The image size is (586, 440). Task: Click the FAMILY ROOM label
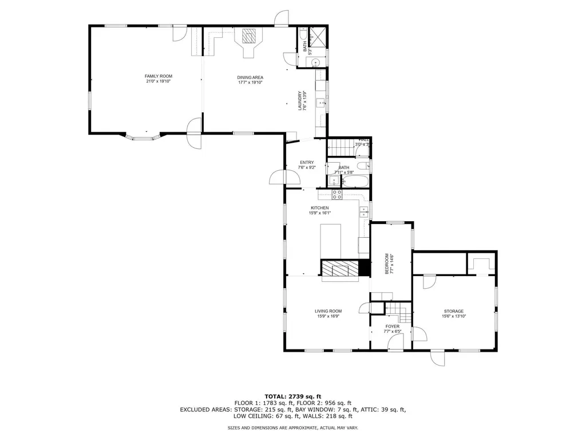[159, 76]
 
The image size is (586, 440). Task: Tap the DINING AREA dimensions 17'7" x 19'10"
[250, 82]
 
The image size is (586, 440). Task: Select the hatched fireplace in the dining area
[249, 37]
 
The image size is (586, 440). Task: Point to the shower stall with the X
[319, 37]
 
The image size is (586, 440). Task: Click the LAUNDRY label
[299, 100]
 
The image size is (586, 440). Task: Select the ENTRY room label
[307, 162]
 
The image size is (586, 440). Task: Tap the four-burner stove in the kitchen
[337, 194]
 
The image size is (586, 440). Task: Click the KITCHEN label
[319, 207]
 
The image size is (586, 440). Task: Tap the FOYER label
[392, 327]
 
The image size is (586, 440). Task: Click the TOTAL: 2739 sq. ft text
[292, 396]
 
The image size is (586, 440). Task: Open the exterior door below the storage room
[438, 357]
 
